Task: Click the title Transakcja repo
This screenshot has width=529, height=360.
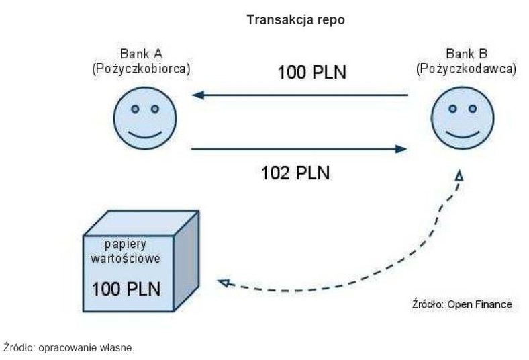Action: tap(295, 20)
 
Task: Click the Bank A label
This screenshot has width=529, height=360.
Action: tap(141, 54)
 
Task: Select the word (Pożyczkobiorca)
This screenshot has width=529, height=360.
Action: tap(141, 69)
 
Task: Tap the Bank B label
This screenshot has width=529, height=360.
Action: tap(466, 54)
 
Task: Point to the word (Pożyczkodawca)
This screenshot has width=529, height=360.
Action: tap(466, 69)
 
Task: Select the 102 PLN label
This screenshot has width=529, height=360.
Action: tap(295, 173)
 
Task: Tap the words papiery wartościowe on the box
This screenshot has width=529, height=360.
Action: tap(127, 250)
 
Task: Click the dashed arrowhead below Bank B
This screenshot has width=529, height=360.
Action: tap(460, 176)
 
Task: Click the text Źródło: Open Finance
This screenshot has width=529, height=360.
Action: tap(461, 304)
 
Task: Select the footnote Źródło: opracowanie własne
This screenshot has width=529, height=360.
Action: tap(68, 347)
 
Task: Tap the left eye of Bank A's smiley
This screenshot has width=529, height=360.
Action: tap(134, 108)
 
